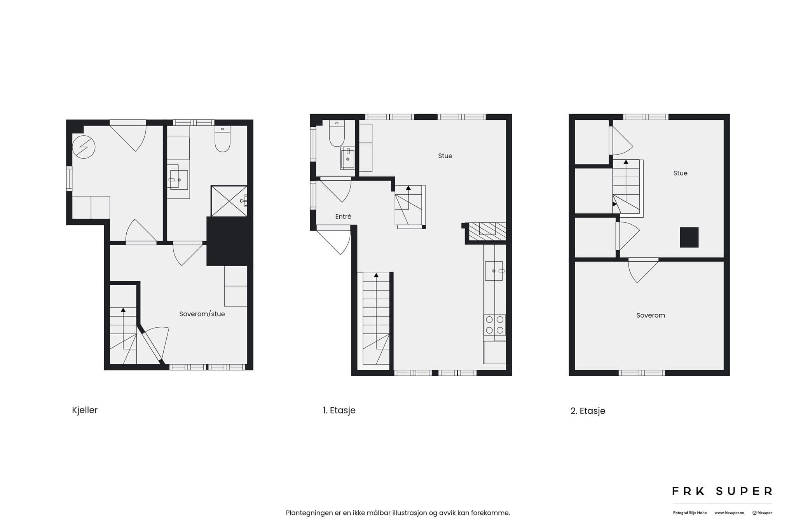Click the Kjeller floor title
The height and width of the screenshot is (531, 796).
[x=85, y=410]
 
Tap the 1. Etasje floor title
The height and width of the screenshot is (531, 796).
[x=339, y=410]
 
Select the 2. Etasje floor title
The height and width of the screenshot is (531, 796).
[x=588, y=411]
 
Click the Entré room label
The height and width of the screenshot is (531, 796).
[x=343, y=217]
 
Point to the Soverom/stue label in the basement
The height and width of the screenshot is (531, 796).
[x=202, y=314]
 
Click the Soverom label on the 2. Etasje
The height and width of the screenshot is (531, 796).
[x=651, y=315]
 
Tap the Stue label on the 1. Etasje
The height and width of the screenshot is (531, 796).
[x=445, y=156]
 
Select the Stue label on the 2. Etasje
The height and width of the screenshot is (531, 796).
[x=680, y=173]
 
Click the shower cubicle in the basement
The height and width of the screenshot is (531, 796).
[x=229, y=201]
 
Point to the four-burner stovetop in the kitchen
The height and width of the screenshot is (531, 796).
[x=494, y=325]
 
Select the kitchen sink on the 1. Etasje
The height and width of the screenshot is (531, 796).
[x=494, y=271]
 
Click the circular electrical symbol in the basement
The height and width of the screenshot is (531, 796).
[x=84, y=147]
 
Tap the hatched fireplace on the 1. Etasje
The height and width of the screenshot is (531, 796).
[x=487, y=231]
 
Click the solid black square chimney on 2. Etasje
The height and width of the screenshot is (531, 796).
[x=689, y=237]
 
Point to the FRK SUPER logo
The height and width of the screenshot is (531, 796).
[x=722, y=491]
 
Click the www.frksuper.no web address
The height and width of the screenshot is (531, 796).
[x=729, y=513]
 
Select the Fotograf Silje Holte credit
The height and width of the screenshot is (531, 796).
[x=690, y=513]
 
